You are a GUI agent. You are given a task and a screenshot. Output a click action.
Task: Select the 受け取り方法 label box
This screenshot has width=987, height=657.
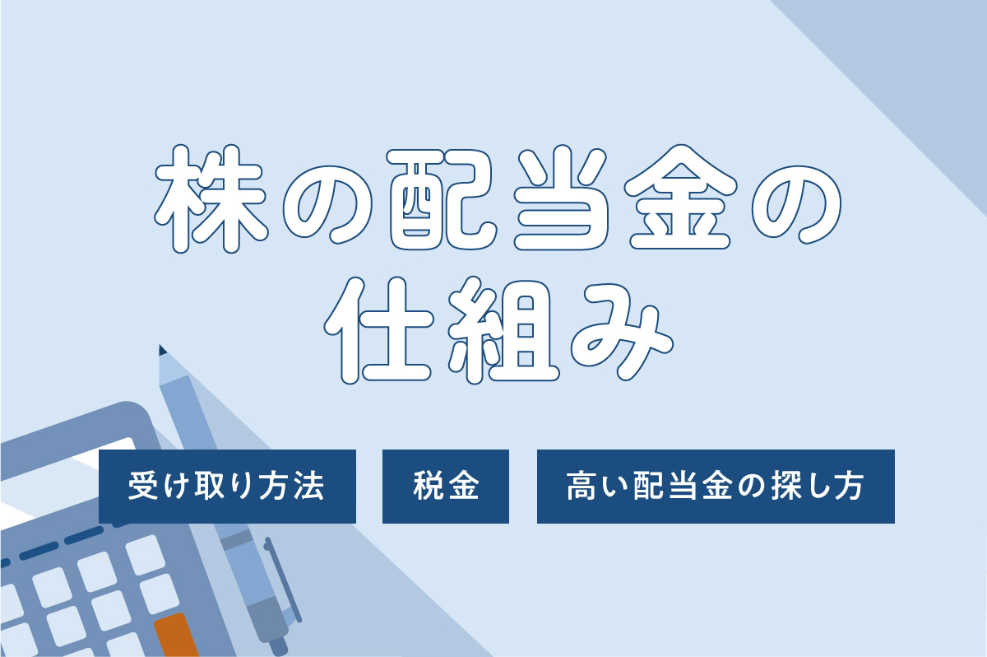[x=227, y=486]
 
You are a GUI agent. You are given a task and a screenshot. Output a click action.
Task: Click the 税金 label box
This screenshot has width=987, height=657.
[x=445, y=486]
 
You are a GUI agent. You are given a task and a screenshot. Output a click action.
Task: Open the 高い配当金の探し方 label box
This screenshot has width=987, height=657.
[x=715, y=486]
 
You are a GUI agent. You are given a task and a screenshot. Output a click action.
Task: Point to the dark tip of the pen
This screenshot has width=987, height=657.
[x=162, y=350]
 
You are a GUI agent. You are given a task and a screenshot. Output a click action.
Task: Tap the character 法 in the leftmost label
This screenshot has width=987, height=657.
[x=310, y=487]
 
